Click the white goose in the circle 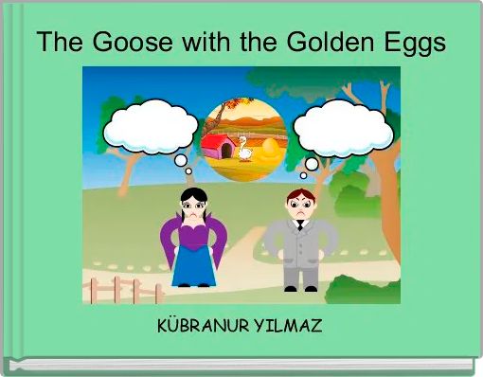(245, 148)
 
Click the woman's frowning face (193, 210)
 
